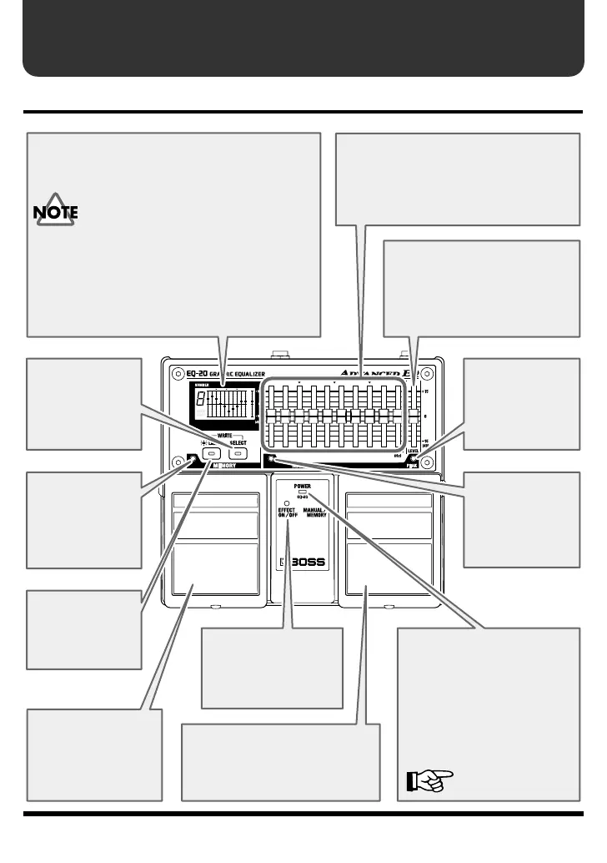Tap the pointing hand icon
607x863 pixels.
(x=429, y=780)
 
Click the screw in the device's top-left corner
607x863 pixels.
(x=177, y=372)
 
